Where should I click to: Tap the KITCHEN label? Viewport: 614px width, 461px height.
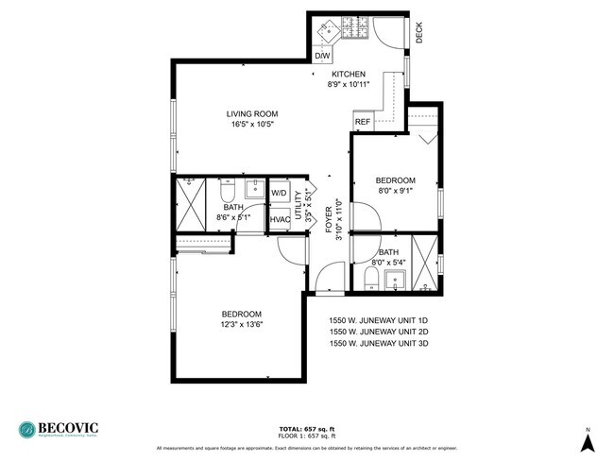point(348,74)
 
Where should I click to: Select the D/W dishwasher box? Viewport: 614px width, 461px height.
point(322,57)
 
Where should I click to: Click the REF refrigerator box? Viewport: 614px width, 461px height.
point(362,122)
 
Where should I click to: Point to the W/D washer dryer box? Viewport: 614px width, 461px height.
point(280,194)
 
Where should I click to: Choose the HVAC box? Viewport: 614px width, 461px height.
point(280,219)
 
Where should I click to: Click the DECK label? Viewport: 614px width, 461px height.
point(419,33)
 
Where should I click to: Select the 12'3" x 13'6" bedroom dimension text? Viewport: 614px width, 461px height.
point(242,325)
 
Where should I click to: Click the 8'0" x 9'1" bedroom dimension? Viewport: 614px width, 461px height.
point(395,192)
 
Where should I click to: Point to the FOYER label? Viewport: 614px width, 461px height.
point(329,219)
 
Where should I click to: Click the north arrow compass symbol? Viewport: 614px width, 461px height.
point(588,439)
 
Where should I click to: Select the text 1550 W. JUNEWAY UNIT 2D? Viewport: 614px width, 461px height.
point(378,332)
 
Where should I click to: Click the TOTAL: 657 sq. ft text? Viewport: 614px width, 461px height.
point(307,428)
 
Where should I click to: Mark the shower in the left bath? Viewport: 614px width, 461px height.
point(192,202)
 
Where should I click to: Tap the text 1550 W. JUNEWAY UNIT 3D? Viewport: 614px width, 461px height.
point(378,344)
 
